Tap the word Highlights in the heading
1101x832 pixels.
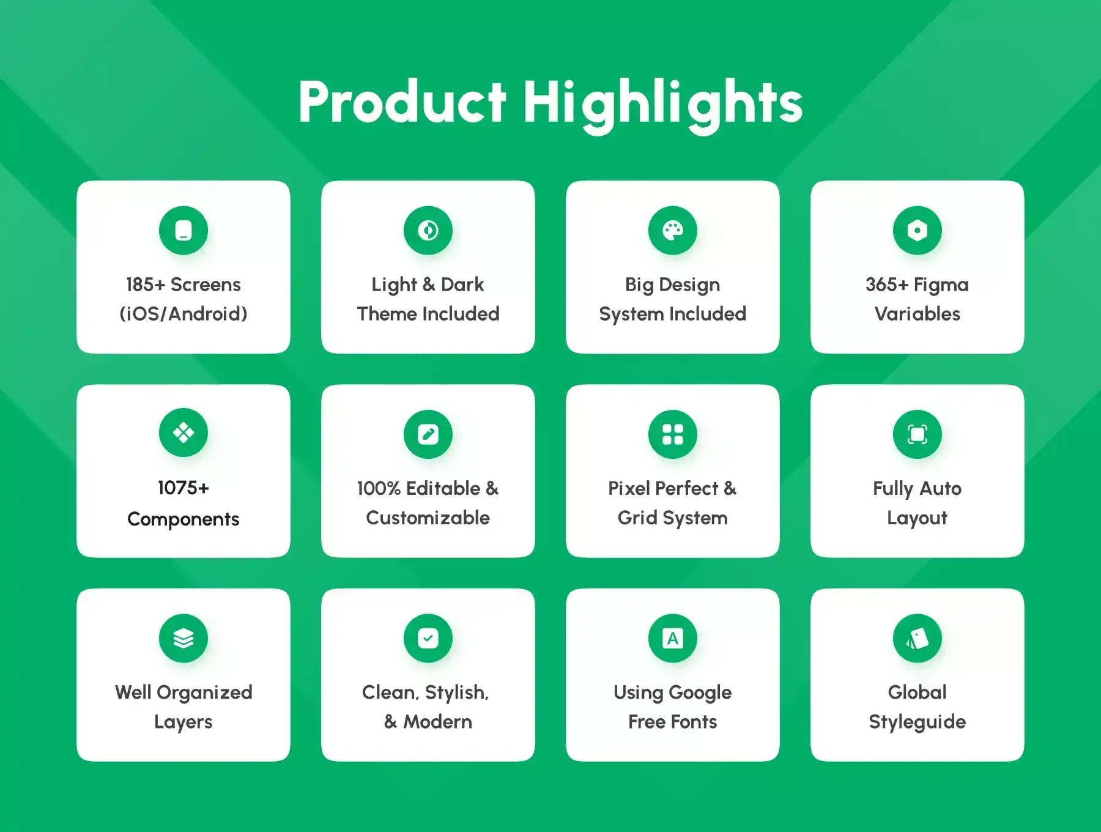tap(662, 106)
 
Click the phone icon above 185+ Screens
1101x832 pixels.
tap(183, 231)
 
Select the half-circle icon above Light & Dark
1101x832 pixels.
tap(428, 231)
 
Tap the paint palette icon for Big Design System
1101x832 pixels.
tap(673, 231)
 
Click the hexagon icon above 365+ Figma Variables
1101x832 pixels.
tap(917, 231)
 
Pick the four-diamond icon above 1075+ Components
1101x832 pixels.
tap(183, 433)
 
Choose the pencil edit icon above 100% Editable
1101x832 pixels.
tap(428, 434)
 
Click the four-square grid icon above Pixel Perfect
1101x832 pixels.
tap(673, 434)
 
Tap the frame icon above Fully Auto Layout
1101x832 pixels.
tap(917, 434)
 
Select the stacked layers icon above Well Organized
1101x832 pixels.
tap(183, 638)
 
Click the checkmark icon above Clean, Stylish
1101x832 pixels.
tap(428, 638)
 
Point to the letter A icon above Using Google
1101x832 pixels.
tap(673, 638)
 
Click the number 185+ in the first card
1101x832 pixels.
tap(146, 284)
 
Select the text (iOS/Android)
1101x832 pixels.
tap(183, 314)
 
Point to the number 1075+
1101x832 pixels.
tap(183, 488)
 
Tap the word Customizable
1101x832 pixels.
tap(428, 518)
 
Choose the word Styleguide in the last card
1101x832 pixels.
tap(917, 722)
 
